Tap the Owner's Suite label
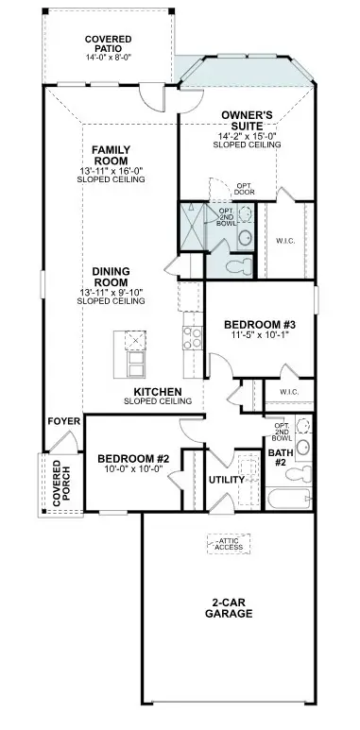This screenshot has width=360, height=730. pyautogui.click(x=248, y=120)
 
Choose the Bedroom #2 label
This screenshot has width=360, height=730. pyautogui.click(x=131, y=460)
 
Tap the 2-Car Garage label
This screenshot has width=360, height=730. pyautogui.click(x=231, y=606)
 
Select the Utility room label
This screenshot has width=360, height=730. pyautogui.click(x=227, y=480)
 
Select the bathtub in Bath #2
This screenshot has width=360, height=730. pyautogui.click(x=288, y=500)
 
